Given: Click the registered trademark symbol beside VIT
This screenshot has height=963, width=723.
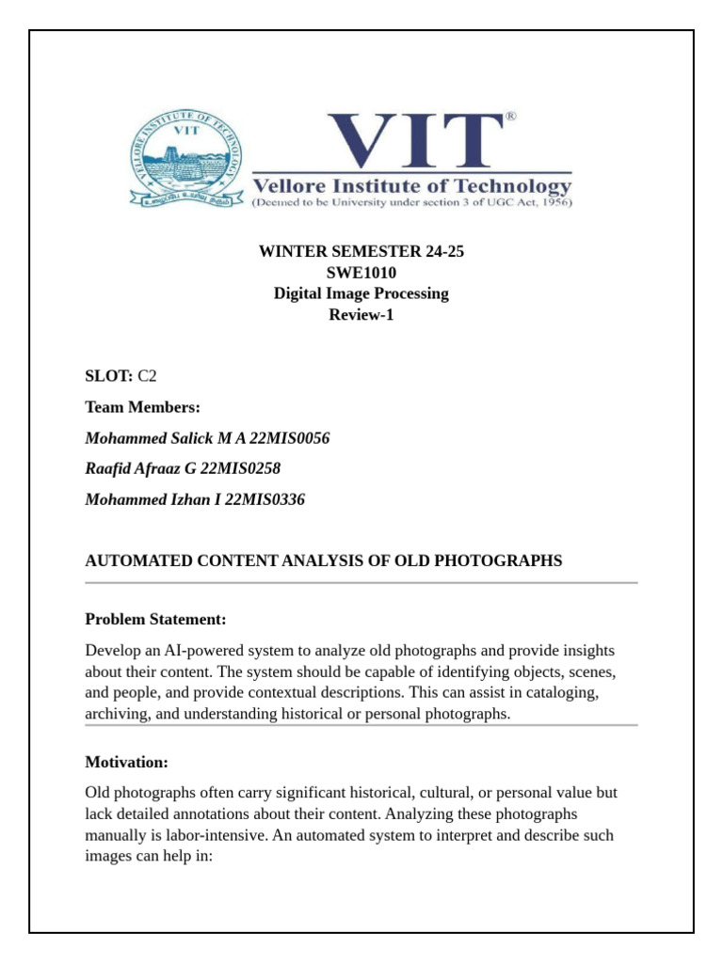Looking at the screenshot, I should pos(511,117).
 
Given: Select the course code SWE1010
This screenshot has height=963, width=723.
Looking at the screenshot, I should pos(361,273).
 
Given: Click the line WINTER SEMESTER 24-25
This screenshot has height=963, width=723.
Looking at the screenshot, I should pos(361,251).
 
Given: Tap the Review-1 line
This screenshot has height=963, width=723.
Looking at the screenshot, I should pos(361,315).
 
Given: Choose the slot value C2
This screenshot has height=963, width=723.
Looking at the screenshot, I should pos(147,376).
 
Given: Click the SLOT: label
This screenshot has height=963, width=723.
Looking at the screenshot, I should pos(109,376).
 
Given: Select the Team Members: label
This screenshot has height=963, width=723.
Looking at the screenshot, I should pos(142,407).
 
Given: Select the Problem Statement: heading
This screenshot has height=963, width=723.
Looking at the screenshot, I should pos(155,620).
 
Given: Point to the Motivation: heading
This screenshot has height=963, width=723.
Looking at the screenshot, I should pos(126,762).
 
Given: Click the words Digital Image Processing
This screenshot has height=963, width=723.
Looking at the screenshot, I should pos(361,293).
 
